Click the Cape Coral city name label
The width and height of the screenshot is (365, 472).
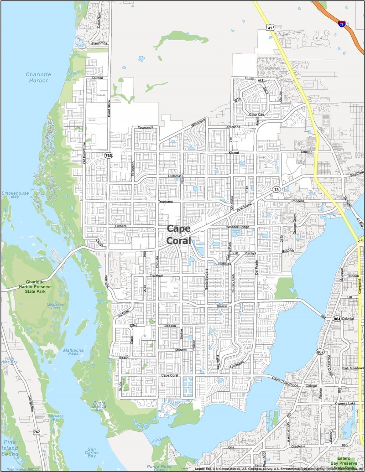coord(179,233)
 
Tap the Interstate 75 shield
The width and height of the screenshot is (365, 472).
coord(342,24)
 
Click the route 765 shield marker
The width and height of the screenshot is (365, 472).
coord(109,156)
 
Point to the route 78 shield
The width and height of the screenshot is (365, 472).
coord(276,189)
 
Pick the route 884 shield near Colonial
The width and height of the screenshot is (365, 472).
coord(337,318)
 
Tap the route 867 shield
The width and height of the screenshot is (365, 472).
coord(321,352)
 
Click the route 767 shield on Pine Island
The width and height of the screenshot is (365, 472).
coord(36,431)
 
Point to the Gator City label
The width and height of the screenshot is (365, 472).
coord(256,114)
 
